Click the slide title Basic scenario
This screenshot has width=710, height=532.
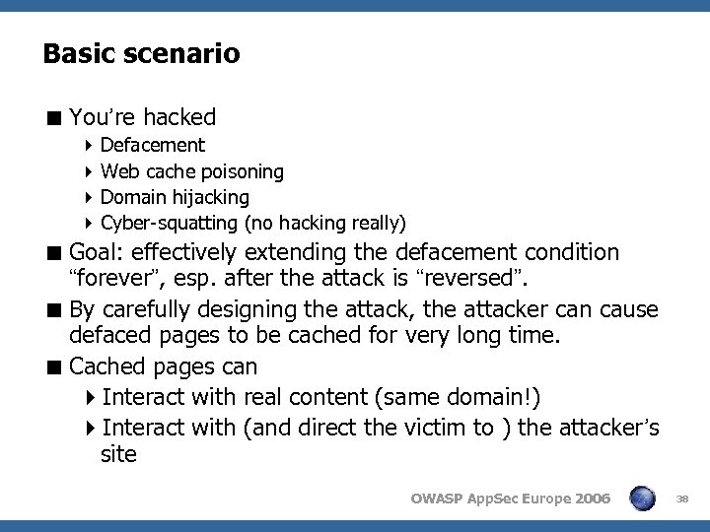(141, 53)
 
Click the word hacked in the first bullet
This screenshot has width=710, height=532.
(178, 117)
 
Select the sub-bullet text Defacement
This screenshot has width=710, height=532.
(153, 146)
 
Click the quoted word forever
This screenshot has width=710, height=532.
(107, 279)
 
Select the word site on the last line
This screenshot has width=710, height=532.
(118, 455)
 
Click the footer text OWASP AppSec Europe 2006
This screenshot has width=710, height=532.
(511, 499)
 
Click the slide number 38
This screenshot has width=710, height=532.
(682, 499)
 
